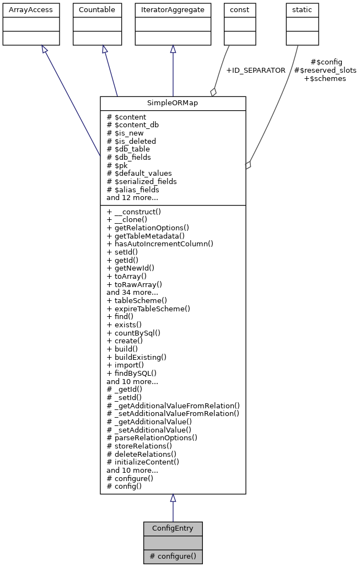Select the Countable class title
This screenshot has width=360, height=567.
97,10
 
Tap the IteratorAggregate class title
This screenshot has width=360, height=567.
173,10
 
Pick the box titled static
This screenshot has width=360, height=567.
302,10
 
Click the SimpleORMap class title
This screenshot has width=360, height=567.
173,104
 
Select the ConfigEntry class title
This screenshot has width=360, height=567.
173,528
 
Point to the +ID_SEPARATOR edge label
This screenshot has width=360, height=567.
255,71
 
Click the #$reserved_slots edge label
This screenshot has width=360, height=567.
325,71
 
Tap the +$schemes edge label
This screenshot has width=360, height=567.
325,79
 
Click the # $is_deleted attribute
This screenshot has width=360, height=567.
131,141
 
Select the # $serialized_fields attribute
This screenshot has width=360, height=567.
142,181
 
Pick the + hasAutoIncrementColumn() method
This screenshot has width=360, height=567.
160,244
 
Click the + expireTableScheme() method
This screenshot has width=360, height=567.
148,309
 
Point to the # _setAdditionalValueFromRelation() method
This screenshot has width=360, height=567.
173,413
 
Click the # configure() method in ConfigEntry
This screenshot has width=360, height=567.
173,556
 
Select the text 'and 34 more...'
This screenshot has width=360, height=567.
132,293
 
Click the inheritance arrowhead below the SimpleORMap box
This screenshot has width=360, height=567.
173,498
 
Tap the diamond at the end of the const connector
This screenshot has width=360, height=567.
213,92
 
